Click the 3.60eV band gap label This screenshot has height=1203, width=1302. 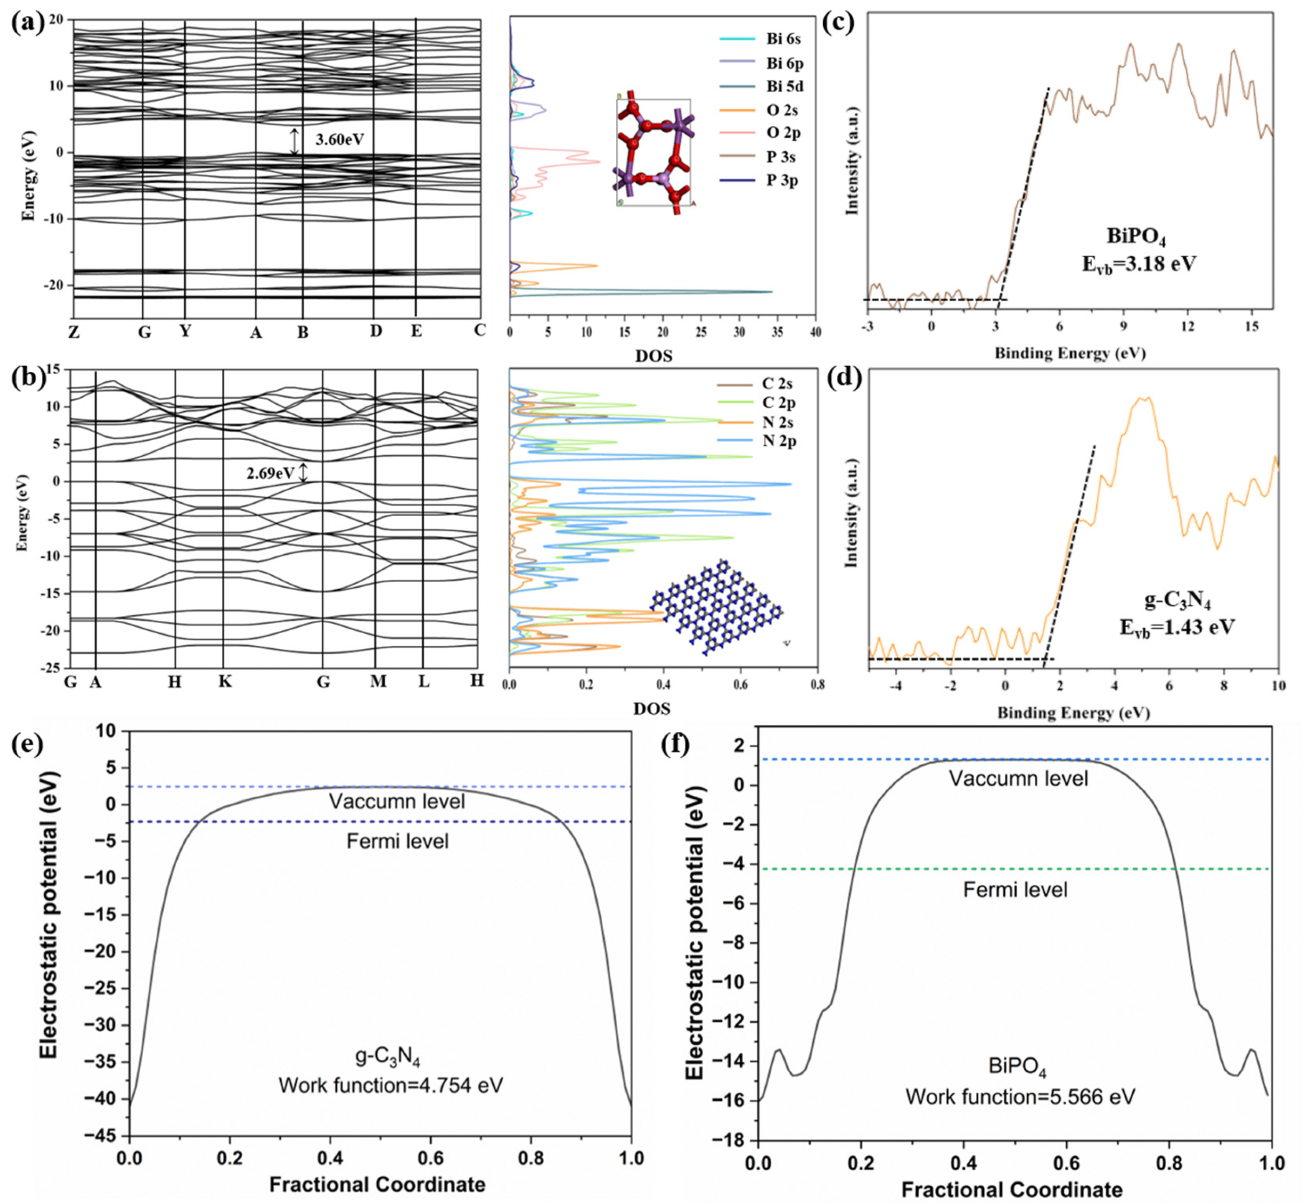coord(339,140)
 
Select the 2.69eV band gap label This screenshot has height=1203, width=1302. coord(270,473)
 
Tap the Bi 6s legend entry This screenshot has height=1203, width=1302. coord(783,39)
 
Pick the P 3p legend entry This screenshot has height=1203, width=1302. coord(782,180)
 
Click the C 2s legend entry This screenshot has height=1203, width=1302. coord(777,384)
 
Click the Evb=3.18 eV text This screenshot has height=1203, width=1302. coord(1139,264)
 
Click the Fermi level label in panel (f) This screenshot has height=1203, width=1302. coord(1015,890)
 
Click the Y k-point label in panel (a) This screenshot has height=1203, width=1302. coord(185,331)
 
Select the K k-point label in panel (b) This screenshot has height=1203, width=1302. coord(225,682)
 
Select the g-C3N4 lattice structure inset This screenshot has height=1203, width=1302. coord(716,607)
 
